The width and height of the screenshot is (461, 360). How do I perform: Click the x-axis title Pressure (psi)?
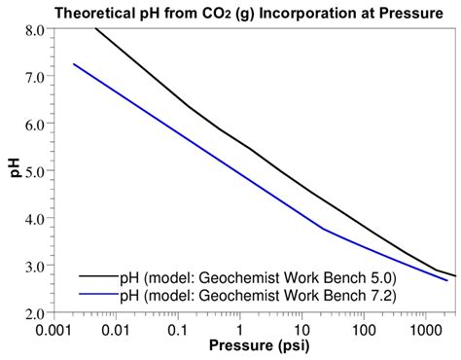click(x=254, y=347)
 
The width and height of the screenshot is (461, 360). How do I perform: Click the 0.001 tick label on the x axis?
click(x=55, y=328)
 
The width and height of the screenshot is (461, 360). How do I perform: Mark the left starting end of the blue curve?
click(x=74, y=64)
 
